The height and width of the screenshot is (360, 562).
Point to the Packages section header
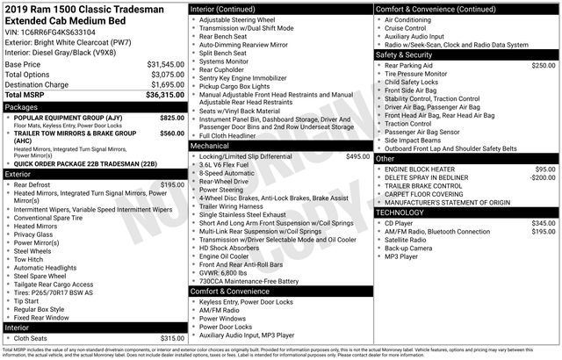tap(22, 107)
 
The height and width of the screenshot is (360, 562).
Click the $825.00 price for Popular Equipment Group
tap(172, 118)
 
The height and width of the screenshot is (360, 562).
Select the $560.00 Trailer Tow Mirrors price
tap(172, 133)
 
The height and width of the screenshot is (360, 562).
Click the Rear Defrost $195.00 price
tap(172, 185)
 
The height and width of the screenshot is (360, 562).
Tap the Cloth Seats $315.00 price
tap(172, 338)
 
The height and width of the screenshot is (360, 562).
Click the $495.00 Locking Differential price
tap(357, 155)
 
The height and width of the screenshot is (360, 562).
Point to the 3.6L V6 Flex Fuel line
tap(230, 164)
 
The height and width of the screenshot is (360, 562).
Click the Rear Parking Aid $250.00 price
tap(544, 65)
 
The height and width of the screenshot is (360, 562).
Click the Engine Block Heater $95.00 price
tap(545, 169)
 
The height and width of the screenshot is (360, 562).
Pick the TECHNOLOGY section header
tap(405, 212)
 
